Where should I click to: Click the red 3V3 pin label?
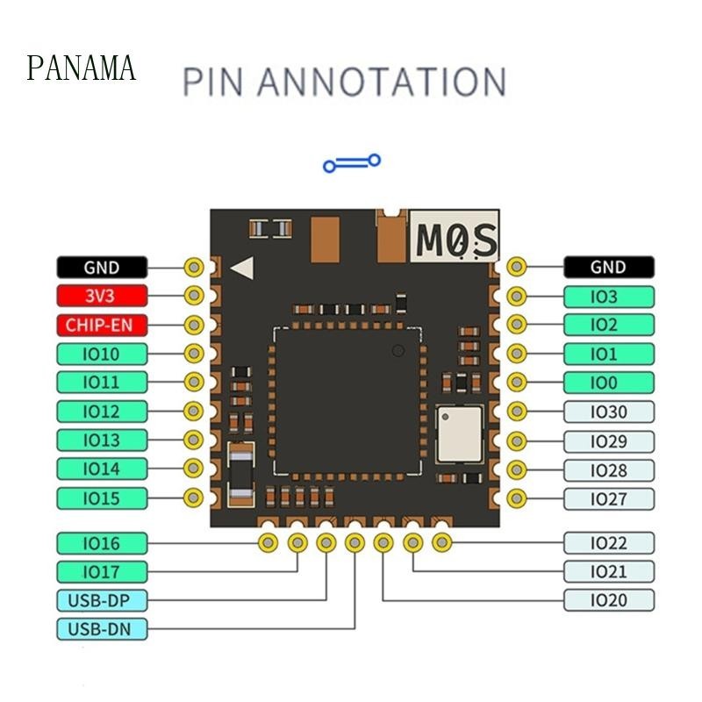tap(102, 296)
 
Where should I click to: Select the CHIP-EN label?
tap(102, 325)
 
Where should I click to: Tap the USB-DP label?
tap(102, 600)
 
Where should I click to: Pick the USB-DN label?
tap(102, 629)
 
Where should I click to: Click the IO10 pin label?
tap(102, 355)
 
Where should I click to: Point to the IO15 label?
tap(102, 498)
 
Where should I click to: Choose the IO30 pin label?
tap(609, 412)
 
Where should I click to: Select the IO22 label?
tap(609, 543)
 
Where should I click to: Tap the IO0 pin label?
tap(609, 383)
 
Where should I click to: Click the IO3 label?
tap(609, 297)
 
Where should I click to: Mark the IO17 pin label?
tap(102, 572)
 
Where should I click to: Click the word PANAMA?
tap(81, 68)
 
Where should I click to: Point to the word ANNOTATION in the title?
tap(382, 82)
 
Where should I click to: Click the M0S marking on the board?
tap(456, 240)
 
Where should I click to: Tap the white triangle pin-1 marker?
tap(242, 268)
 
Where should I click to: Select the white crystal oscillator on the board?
tap(460, 433)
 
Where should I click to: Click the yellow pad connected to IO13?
tap(193, 441)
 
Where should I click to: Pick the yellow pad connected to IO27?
tap(517, 498)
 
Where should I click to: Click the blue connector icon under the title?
tap(352, 163)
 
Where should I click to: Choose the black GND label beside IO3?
tap(609, 268)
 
